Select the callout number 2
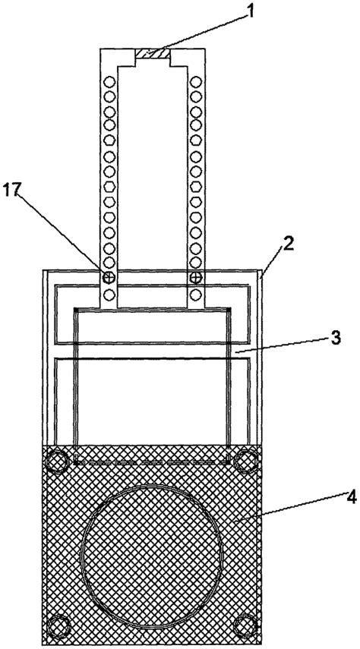[288, 243]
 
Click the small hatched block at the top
[152, 53]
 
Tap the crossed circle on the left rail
[109, 278]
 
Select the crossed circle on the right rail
[195, 278]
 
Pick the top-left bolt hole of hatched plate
[58, 461]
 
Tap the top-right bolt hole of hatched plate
[246, 461]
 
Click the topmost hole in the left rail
[109, 81]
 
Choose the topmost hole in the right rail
[195, 81]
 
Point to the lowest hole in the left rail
[109, 295]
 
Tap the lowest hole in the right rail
[195, 295]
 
